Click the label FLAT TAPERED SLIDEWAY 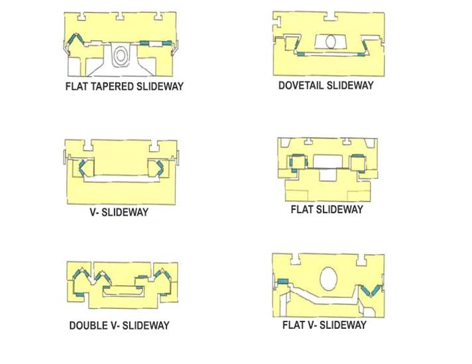(x=124, y=86)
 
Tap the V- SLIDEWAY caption (x=120, y=212)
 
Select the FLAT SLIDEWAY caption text (x=327, y=210)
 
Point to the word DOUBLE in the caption (x=91, y=326)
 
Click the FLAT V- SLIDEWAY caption (x=324, y=325)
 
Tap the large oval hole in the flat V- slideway (x=329, y=277)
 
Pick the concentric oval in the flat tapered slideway (x=120, y=56)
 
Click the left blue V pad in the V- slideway (x=83, y=167)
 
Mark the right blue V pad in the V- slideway (x=161, y=167)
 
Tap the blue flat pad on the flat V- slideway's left (x=283, y=282)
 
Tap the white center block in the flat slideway (x=327, y=160)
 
